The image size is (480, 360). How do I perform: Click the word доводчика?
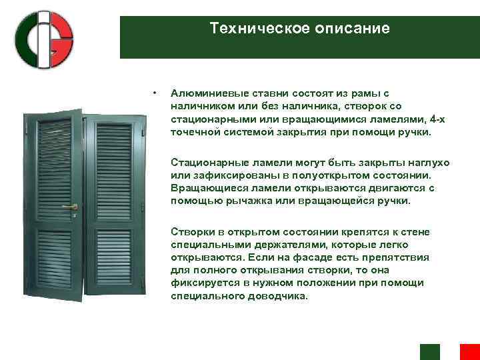click(277, 296)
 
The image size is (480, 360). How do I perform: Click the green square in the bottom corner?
click(430, 351)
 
